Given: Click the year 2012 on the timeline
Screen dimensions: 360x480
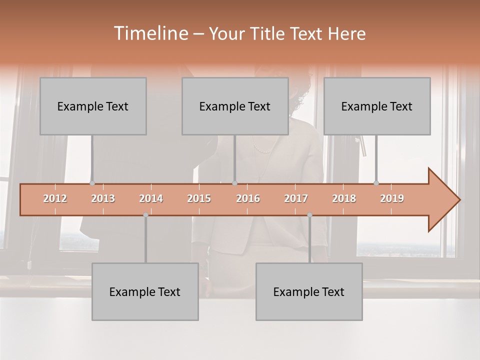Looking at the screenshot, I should point(55,198).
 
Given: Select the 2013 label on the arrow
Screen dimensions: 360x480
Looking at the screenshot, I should point(103,198).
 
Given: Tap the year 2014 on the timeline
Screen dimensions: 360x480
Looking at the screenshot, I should point(151,198).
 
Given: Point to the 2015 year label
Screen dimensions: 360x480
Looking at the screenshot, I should point(199,198).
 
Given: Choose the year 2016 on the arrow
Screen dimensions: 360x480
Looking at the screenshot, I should point(248,198).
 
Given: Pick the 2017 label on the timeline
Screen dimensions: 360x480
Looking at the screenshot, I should point(296,198).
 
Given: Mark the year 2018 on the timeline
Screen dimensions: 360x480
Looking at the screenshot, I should point(344,198).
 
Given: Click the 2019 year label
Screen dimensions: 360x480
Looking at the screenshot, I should point(392,198).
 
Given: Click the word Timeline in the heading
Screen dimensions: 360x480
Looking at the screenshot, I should point(150,33).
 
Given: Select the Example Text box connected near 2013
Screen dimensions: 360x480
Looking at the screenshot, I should point(93,106).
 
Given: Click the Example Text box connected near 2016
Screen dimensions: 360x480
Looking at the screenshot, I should point(235,106).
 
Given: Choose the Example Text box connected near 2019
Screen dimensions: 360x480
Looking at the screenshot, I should point(377,106).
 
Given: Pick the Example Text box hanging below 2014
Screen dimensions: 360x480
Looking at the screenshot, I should point(145,291).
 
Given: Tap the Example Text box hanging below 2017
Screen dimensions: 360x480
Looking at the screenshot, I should point(309,291).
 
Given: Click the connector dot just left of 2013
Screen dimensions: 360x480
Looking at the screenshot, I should point(92,183).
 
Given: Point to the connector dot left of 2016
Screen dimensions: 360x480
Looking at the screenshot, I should point(235,183).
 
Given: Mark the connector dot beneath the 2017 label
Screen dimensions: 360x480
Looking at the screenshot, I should point(309,215).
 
